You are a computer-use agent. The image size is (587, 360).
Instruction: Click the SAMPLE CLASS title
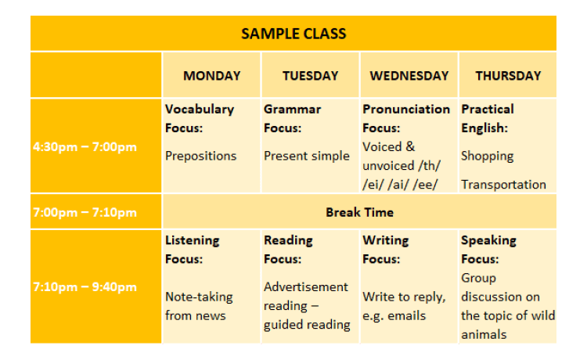[x=293, y=34]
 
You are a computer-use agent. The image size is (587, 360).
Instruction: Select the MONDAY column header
[x=212, y=76]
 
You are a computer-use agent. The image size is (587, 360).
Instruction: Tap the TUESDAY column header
[x=311, y=76]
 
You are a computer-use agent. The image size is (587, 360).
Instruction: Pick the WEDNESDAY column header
[x=409, y=76]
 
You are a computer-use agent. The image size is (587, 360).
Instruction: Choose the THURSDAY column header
[x=508, y=76]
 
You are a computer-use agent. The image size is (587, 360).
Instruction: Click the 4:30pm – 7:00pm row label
[x=85, y=146]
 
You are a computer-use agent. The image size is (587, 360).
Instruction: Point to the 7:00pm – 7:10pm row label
[x=85, y=213]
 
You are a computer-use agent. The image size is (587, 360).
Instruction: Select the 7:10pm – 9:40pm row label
[x=85, y=287]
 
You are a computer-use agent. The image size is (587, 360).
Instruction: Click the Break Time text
[x=359, y=213]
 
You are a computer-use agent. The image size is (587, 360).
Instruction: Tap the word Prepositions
[x=200, y=156]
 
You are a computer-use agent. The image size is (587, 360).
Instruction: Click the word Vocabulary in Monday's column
[x=200, y=110]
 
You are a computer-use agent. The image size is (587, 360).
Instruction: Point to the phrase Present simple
[x=307, y=156]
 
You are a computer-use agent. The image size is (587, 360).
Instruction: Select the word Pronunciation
[x=406, y=110]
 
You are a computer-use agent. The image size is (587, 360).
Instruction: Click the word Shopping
[x=487, y=156]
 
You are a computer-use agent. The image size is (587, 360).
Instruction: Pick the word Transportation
[x=503, y=185]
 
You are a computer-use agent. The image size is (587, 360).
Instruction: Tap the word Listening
[x=193, y=240]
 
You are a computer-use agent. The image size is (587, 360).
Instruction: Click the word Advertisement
[x=306, y=287]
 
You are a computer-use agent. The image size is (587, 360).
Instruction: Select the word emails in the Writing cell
[x=406, y=316]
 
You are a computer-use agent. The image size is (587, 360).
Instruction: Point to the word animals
[x=484, y=334]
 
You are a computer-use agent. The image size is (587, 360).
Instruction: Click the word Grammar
[x=293, y=110]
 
